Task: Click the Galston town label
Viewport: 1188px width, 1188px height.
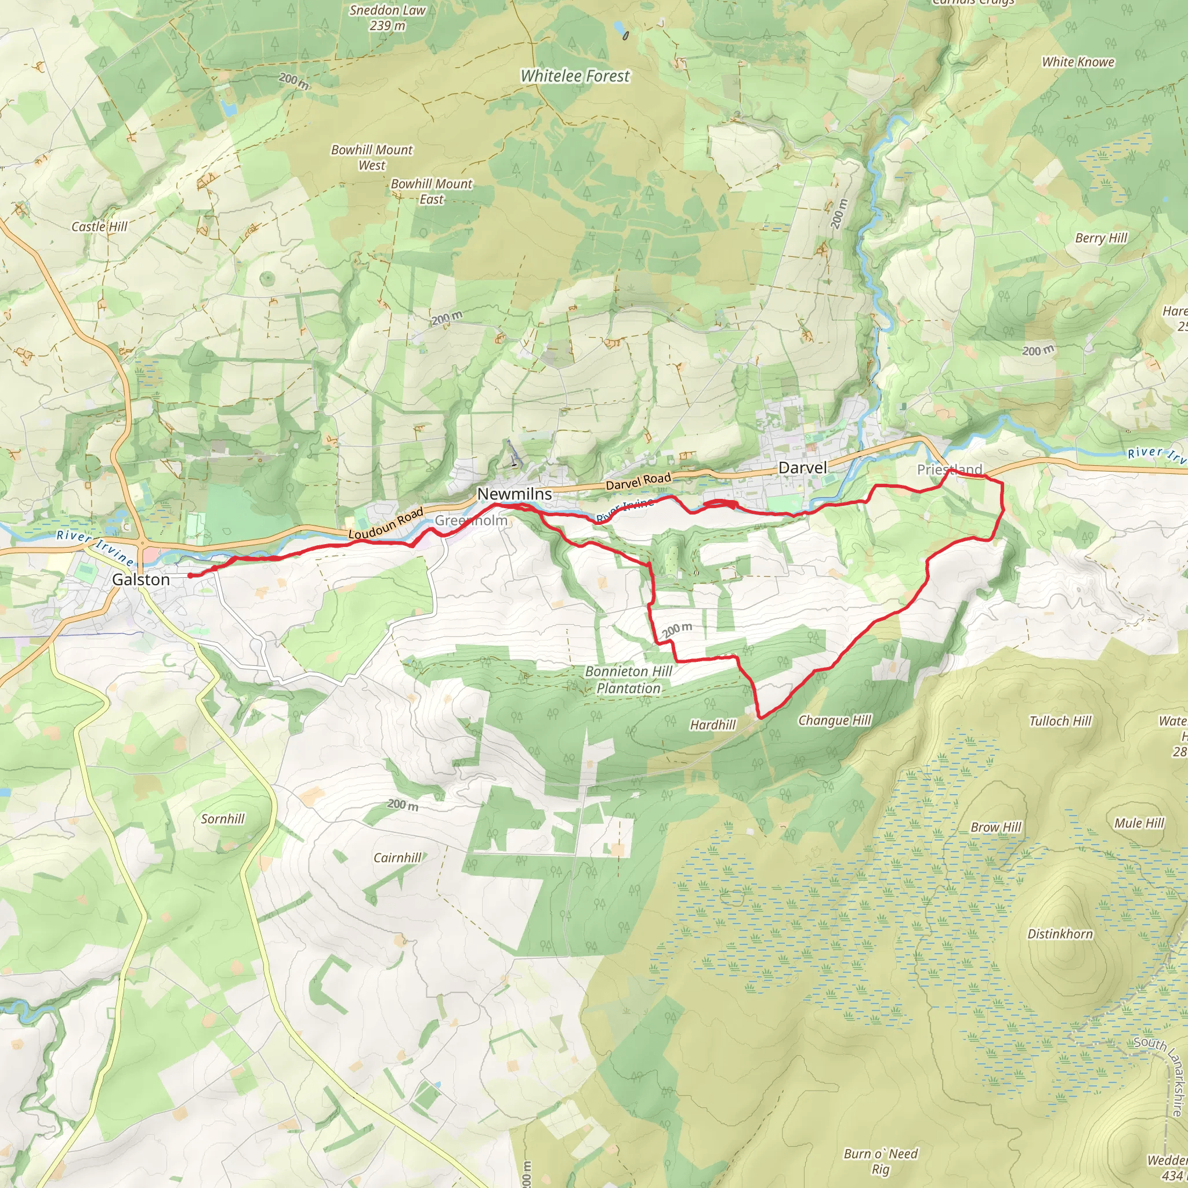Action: click(141, 580)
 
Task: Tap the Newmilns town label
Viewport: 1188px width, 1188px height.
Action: click(514, 494)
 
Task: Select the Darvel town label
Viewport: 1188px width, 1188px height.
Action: click(802, 468)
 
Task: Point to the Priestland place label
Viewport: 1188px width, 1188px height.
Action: click(950, 470)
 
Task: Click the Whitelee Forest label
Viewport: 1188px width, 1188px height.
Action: click(575, 76)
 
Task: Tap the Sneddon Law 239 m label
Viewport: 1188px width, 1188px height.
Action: click(387, 18)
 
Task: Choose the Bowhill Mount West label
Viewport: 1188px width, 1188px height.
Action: click(372, 157)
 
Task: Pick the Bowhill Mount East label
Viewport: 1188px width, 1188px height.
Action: click(432, 191)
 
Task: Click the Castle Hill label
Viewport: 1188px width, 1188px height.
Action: click(100, 227)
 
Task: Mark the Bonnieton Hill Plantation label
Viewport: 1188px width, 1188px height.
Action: click(628, 679)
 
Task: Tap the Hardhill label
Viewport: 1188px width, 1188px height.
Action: click(713, 725)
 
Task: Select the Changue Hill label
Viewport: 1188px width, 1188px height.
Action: click(834, 720)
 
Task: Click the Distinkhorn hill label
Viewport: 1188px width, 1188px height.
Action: click(1060, 934)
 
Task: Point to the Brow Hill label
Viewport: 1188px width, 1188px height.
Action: click(995, 827)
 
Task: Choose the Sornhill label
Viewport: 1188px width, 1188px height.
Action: click(223, 819)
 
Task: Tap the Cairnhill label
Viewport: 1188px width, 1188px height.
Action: click(397, 858)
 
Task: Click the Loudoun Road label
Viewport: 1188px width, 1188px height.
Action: click(386, 523)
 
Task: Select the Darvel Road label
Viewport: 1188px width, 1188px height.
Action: click(638, 481)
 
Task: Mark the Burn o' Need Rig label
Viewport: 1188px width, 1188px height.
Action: click(881, 1161)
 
